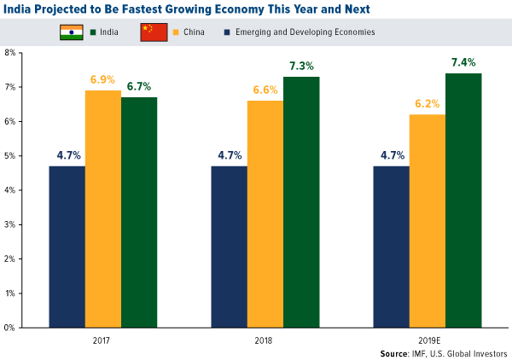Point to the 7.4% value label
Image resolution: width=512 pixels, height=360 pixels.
[463, 62]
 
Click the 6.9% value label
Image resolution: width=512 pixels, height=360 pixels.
[103, 79]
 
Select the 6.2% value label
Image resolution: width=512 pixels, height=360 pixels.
[428, 103]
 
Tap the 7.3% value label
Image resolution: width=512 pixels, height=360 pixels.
[301, 66]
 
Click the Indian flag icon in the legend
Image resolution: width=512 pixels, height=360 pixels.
[70, 32]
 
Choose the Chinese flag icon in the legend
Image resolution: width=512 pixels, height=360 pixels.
[154, 32]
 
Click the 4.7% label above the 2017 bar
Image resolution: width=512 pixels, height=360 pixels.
[67, 155]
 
